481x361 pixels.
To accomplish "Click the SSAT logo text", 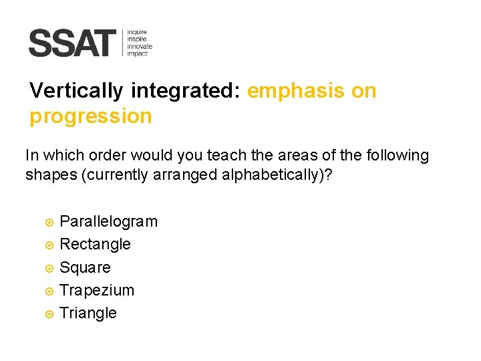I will click(72, 43).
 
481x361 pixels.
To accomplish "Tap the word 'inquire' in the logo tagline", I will click(138, 31).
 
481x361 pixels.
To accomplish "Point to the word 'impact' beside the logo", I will click(138, 53).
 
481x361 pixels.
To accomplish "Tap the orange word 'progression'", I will click(91, 116).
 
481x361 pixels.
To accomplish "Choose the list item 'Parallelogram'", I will click(109, 221).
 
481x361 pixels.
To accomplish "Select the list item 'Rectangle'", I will click(95, 244).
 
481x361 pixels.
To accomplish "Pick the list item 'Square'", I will click(85, 267).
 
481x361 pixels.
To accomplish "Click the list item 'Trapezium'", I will click(97, 290).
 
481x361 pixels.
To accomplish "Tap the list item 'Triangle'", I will click(88, 313).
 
